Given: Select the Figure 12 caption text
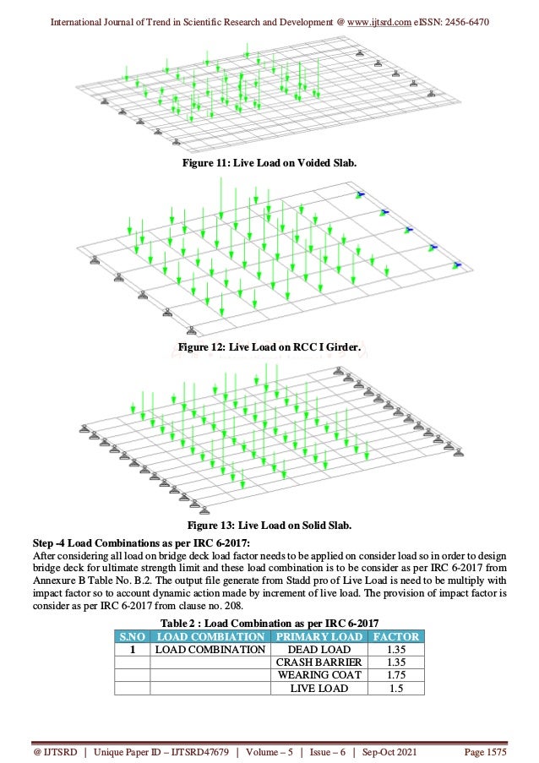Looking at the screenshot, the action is pyautogui.click(x=269, y=346).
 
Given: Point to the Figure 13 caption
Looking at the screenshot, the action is pyautogui.click(x=269, y=526).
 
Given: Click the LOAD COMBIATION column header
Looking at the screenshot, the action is pyautogui.click(x=210, y=636).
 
